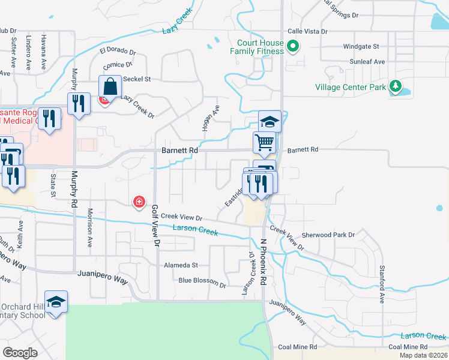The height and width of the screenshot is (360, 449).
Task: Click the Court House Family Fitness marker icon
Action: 293,46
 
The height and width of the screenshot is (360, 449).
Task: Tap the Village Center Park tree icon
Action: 395,87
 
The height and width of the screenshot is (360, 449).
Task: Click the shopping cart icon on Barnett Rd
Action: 264,143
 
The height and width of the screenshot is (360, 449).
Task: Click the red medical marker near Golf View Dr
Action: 139,202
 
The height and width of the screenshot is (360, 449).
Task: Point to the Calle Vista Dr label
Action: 307,31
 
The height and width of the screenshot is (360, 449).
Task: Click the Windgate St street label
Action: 361,46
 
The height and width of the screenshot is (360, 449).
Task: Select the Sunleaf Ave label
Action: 367,62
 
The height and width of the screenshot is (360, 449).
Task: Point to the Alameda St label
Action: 181,265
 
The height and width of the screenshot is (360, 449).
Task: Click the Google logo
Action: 20,353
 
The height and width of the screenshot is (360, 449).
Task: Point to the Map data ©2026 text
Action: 423,355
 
